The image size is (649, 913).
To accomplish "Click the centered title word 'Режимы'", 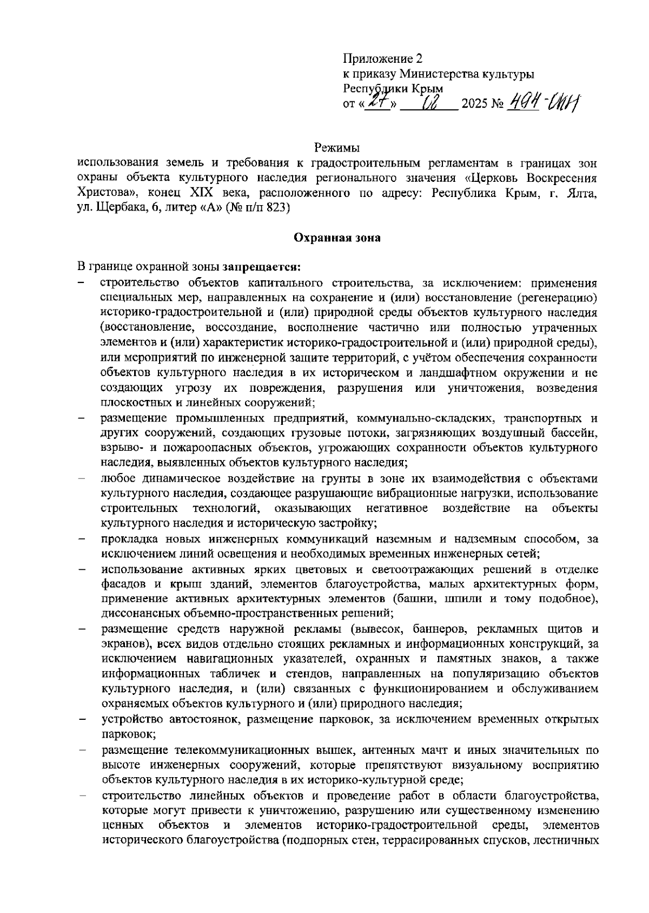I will point(337,147).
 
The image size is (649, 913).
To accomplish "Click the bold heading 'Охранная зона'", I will point(337,238).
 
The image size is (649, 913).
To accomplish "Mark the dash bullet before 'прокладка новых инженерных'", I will point(82,539).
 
